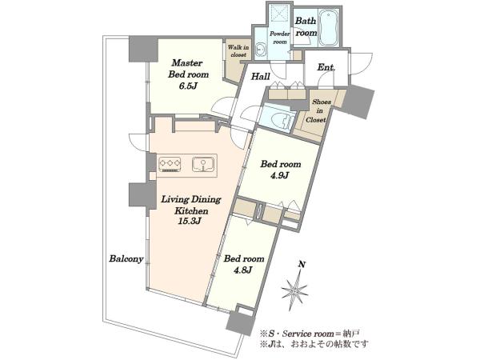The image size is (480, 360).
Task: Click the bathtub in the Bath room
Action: point(329,27)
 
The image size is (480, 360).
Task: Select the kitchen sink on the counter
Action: point(203,164)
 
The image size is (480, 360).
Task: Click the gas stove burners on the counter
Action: point(170,164)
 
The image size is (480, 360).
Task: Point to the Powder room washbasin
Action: point(262,49)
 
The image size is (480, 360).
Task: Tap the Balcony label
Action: point(126,259)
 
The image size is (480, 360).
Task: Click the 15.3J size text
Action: point(190,221)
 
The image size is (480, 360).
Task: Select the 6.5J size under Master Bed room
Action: point(188,86)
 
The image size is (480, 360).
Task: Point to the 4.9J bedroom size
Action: point(280,176)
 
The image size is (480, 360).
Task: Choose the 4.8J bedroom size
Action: point(243,270)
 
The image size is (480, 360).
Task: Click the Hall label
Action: point(261,76)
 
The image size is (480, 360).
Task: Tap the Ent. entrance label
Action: point(326,67)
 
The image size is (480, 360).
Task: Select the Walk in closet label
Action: point(238,51)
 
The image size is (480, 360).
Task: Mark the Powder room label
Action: point(279,38)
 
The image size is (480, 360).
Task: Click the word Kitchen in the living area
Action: point(191,211)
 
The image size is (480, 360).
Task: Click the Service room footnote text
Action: point(310,333)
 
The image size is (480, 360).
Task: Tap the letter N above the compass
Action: point(302,264)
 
